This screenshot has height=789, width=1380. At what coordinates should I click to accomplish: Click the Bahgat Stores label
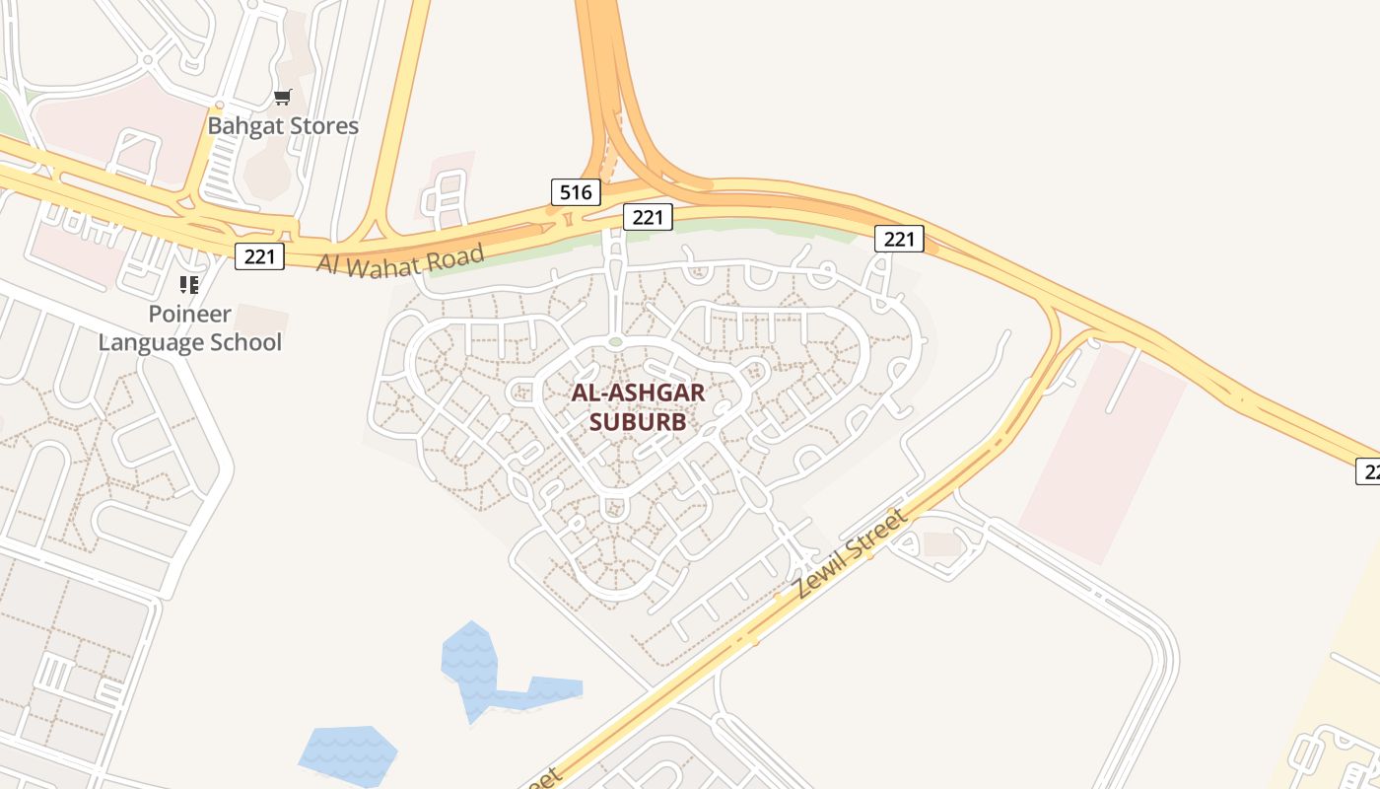[x=283, y=126]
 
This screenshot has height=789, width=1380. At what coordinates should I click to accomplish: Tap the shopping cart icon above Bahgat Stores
[x=283, y=97]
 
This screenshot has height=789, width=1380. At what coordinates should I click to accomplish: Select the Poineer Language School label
[x=190, y=328]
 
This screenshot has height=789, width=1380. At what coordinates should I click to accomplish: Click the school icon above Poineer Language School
[x=189, y=285]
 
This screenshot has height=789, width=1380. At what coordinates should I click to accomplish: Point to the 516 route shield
[x=575, y=192]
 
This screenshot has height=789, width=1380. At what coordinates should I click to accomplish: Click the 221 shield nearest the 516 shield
[x=648, y=217]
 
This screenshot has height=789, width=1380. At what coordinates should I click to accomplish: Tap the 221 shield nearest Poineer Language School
[x=259, y=256]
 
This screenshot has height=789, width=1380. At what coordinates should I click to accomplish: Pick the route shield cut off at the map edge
[x=1368, y=471]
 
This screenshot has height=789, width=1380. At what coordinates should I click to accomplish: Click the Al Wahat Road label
[x=400, y=261]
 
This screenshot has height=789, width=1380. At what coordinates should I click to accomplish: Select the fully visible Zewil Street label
[x=850, y=553]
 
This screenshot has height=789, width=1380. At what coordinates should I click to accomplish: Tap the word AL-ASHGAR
[x=638, y=393]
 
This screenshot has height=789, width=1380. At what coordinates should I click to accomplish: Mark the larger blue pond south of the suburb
[x=483, y=671]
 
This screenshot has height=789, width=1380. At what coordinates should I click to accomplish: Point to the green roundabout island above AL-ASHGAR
[x=615, y=342]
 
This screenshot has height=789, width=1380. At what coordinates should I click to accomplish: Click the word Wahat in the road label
[x=386, y=263]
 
